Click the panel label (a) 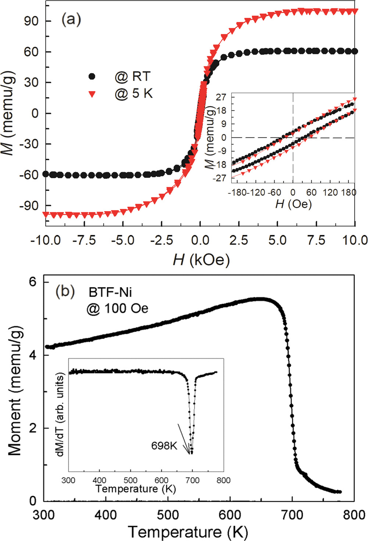coord(71,19)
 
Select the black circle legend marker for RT coord(92,76)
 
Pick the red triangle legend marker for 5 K coord(92,94)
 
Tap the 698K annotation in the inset coord(164,446)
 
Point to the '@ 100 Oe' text coord(117,309)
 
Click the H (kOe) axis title coord(201,260)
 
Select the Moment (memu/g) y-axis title coord(15,391)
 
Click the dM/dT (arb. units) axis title coord(60,415)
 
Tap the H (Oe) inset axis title coord(293,204)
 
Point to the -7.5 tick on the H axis coord(84,241)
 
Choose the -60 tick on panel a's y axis coord(29,175)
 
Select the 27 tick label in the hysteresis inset coord(221,97)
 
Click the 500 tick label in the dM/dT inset coord(130,480)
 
